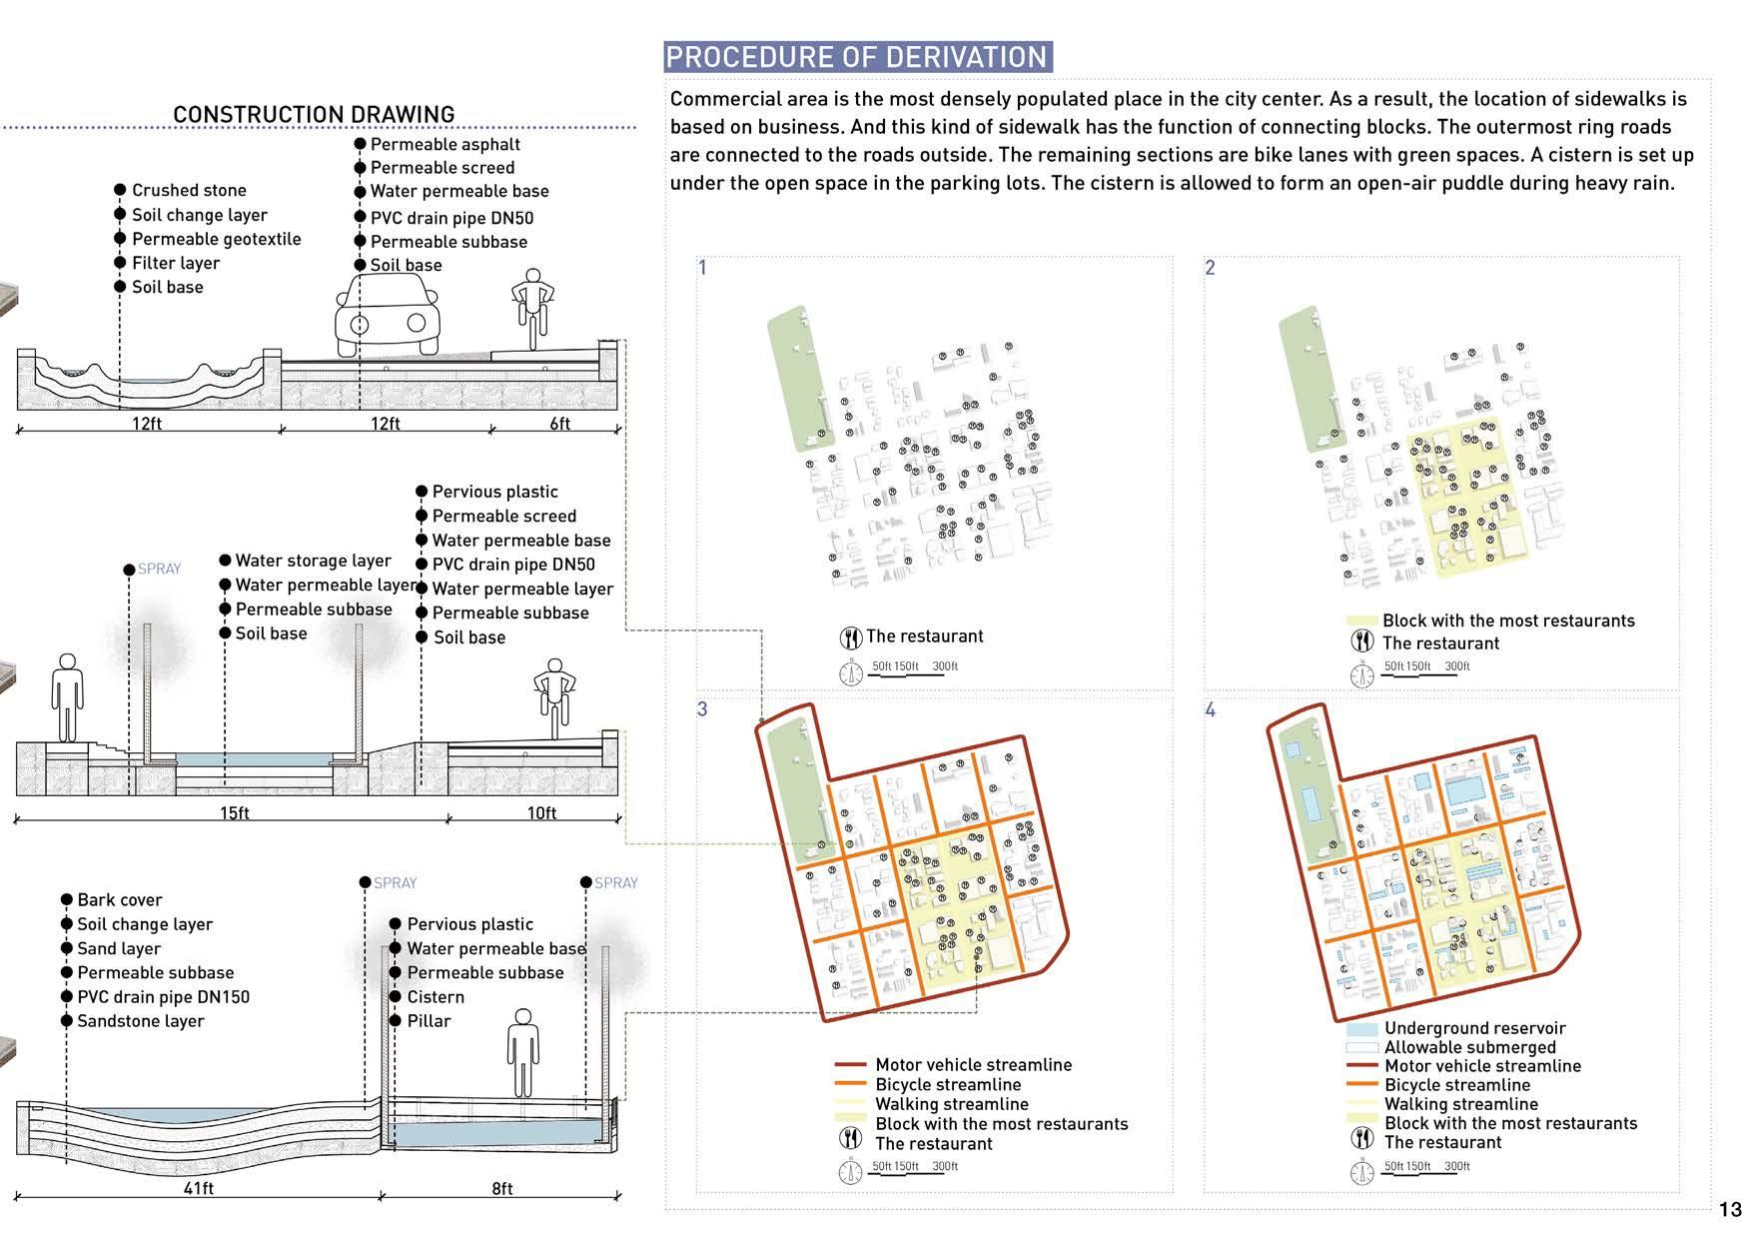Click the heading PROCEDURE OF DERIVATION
point(857,57)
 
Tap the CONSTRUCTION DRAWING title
point(314,114)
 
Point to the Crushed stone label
point(189,190)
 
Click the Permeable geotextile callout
point(216,239)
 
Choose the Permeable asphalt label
point(444,144)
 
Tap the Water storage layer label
point(313,561)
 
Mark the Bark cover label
point(119,900)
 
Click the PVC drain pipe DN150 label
point(163,997)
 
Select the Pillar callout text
point(429,1021)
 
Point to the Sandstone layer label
point(140,1021)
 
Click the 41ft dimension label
point(199,1188)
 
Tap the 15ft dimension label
point(235,813)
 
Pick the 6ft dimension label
point(560,424)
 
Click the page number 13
point(1730,1210)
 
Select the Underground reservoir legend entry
point(1474,1028)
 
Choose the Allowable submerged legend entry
point(1469,1047)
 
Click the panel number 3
point(702,709)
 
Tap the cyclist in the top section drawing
point(532,308)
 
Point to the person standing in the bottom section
point(521,1052)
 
